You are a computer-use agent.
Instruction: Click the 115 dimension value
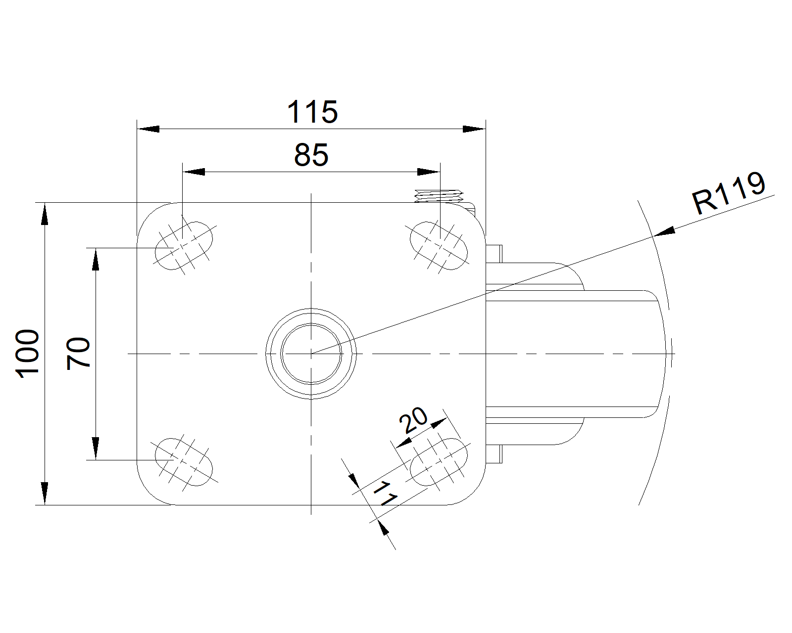pos(312,112)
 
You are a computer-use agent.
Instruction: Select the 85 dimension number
pos(311,155)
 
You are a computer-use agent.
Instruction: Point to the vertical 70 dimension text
pos(78,353)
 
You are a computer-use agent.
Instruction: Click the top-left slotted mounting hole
pos(184,246)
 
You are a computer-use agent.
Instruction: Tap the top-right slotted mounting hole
pos(439,246)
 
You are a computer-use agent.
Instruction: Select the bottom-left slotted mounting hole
pos(184,462)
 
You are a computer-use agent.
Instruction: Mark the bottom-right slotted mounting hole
pos(439,462)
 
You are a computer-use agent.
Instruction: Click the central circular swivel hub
pos(311,354)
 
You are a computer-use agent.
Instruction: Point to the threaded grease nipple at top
pos(439,196)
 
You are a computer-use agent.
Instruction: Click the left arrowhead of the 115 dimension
pos(148,129)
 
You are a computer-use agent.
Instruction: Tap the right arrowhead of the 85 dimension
pos(429,172)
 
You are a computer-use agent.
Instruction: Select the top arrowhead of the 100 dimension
pos(45,213)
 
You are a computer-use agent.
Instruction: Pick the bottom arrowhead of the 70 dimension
pos(96,449)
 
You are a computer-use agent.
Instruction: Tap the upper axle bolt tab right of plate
pos(494,253)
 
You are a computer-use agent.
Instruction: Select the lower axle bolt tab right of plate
pos(494,454)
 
